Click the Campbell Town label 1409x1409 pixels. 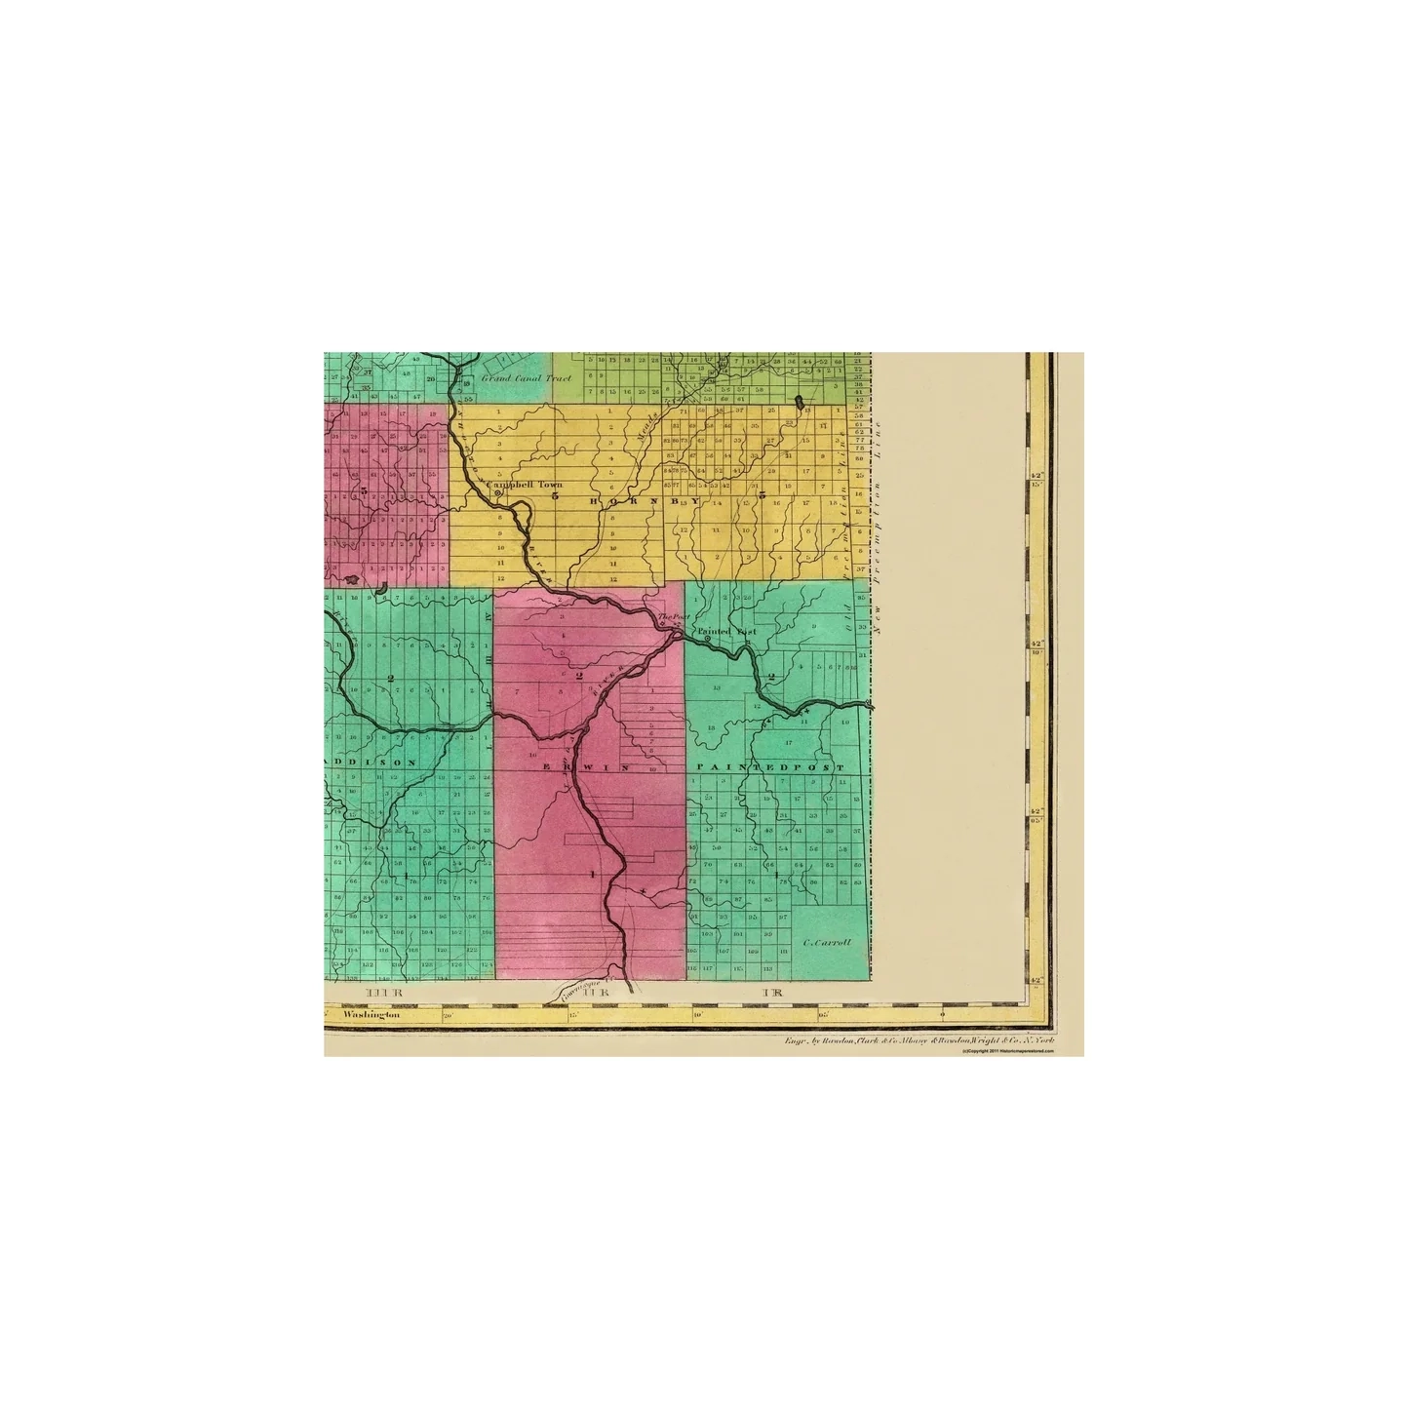tap(531, 484)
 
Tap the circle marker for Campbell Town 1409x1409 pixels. tap(497, 493)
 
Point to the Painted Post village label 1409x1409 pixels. tap(726, 632)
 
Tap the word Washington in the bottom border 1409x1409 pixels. tap(372, 1016)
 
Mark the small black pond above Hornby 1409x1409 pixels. tap(800, 401)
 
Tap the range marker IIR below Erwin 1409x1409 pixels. tap(587, 994)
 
